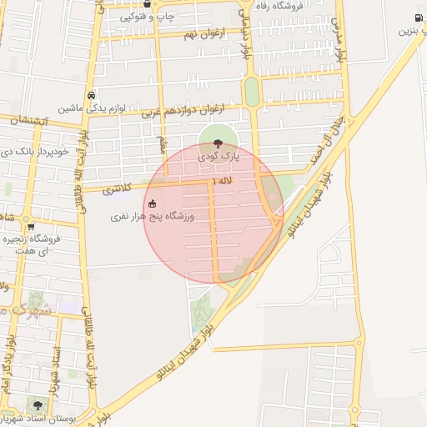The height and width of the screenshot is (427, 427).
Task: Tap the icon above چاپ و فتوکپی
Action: [x=148, y=3]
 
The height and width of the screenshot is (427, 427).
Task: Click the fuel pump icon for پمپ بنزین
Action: [x=419, y=18]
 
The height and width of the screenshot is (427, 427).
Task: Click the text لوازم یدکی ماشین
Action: [x=92, y=108]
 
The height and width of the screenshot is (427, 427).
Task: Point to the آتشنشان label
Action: [x=30, y=121]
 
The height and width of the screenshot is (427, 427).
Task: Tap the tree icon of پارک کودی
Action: [x=219, y=143]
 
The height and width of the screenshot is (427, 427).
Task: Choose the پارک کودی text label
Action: [x=219, y=156]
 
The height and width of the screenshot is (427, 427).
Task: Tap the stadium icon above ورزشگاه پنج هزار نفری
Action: [x=152, y=203]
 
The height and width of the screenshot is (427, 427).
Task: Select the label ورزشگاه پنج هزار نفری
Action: [x=153, y=217]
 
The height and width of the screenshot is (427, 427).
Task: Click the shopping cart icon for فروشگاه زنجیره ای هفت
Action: [x=31, y=226]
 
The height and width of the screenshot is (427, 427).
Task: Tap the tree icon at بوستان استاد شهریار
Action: [x=36, y=405]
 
